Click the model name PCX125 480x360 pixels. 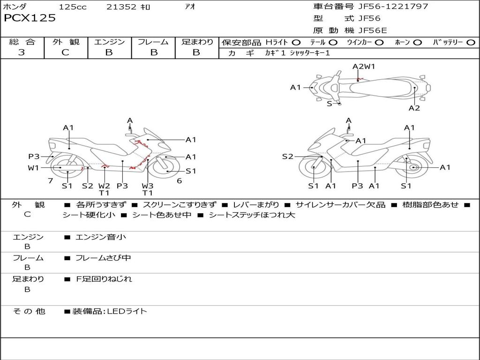tap(30, 18)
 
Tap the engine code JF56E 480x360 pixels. tap(373, 30)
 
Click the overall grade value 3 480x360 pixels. tap(22, 52)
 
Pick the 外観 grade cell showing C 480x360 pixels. tap(65, 52)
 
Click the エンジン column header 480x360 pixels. tap(109, 42)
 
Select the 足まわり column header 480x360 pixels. tap(197, 42)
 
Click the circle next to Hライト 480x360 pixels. tap(296, 42)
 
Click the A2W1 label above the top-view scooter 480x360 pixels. tap(364, 66)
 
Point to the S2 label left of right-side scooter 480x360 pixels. tap(287, 157)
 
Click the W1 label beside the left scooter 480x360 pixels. tap(33, 168)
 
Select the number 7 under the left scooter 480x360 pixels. tap(50, 180)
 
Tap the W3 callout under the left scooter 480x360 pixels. tap(148, 186)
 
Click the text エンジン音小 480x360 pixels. tap(101, 237)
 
